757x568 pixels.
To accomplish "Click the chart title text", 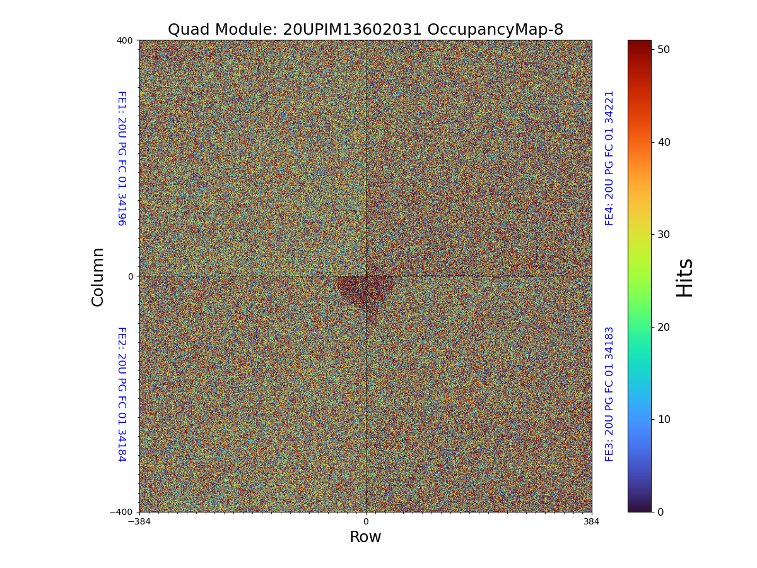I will (365, 30).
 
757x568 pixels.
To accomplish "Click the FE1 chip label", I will (121, 158).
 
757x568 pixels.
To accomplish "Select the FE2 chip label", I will (121, 394).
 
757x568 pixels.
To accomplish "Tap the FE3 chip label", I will (609, 394).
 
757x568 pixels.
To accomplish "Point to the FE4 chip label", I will (609, 158).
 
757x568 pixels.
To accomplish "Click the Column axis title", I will (98, 276).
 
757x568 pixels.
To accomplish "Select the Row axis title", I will (365, 537).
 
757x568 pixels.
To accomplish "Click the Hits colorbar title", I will (684, 278).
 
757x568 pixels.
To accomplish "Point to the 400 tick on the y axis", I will (124, 40).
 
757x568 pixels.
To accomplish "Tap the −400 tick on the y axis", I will (122, 512).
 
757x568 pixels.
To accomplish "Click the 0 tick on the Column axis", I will (131, 276).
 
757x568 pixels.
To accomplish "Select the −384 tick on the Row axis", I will (139, 522).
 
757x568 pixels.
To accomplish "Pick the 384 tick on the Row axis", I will (592, 522).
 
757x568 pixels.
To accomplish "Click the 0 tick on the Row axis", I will (365, 522).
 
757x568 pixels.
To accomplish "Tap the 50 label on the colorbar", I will (663, 49).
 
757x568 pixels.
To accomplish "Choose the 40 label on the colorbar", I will (663, 142).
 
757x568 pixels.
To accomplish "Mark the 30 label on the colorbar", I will (663, 234).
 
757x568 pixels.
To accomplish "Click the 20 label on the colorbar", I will (663, 327).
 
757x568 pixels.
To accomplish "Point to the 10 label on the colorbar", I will (663, 419).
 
